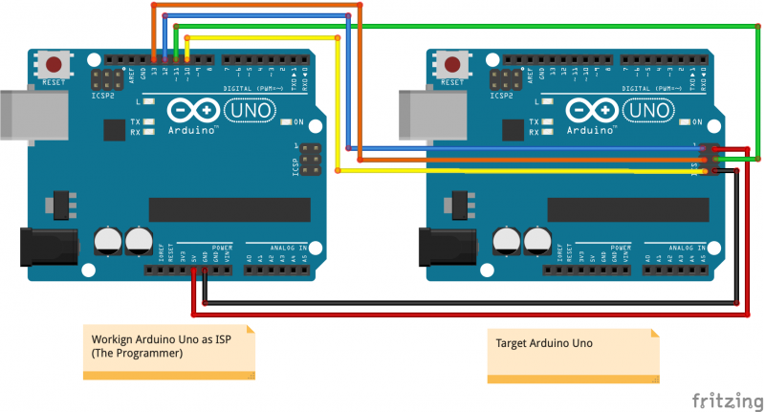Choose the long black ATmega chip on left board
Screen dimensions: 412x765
[229, 209]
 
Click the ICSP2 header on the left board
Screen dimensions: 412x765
[105, 77]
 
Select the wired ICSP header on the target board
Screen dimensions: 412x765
[707, 160]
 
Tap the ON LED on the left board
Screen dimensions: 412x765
[287, 122]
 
